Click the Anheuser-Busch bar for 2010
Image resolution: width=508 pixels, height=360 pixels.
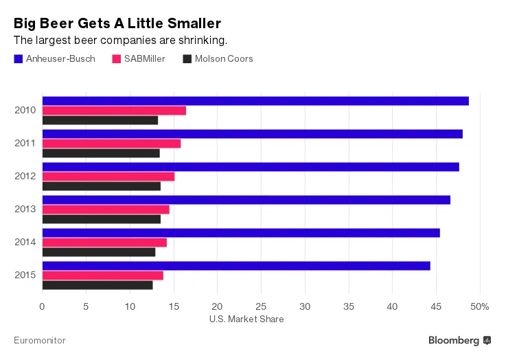tap(255, 101)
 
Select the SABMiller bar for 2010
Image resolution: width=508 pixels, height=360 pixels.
tap(114, 111)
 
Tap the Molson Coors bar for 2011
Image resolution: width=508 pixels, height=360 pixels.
tap(101, 153)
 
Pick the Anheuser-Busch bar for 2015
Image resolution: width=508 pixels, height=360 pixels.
tap(236, 266)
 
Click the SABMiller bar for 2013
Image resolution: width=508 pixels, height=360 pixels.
tap(106, 210)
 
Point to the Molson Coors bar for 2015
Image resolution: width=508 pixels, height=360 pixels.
tap(97, 285)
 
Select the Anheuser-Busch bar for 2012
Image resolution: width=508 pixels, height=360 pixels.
tap(251, 167)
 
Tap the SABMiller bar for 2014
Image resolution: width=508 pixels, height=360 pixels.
tap(104, 243)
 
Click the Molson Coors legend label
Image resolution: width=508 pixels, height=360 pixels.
tap(224, 59)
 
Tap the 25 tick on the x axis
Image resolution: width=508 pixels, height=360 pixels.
tap(262, 306)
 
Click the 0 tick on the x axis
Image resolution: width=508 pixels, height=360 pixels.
tap(43, 306)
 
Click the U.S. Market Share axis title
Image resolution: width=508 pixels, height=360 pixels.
tap(245, 319)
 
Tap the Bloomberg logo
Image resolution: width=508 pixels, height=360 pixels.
tap(459, 340)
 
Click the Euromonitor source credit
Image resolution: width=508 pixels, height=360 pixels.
tap(40, 340)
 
